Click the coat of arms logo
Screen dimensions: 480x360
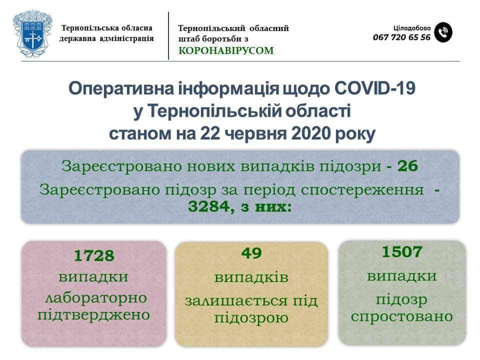(x=32, y=33)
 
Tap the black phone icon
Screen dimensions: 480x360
(x=443, y=32)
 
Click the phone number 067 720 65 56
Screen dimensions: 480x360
(x=401, y=37)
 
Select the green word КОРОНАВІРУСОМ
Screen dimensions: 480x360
(x=226, y=50)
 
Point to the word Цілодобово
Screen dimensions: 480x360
(x=411, y=28)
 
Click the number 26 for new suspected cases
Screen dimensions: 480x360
(x=407, y=166)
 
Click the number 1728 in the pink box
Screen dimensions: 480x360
(x=94, y=255)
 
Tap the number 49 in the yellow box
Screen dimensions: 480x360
(x=251, y=253)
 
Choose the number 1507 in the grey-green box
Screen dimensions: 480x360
(x=402, y=252)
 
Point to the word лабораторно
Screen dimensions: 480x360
(x=96, y=298)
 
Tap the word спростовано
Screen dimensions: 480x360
(x=401, y=316)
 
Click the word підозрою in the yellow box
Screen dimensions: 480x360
(x=251, y=318)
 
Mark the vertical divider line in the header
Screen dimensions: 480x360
(x=168, y=35)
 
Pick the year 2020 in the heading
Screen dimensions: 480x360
(x=311, y=133)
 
